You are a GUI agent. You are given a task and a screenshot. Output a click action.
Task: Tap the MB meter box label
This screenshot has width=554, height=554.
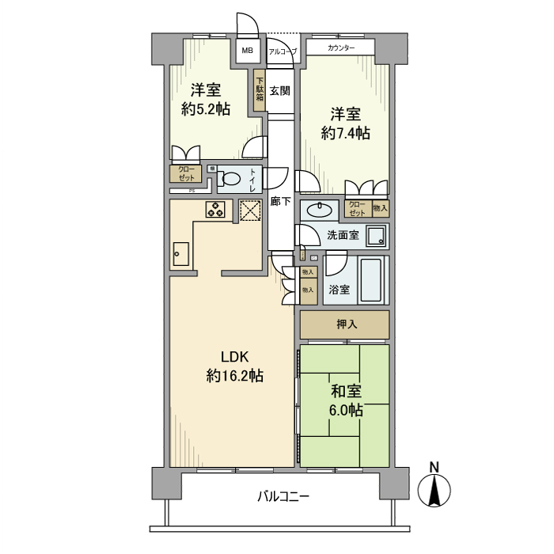248,51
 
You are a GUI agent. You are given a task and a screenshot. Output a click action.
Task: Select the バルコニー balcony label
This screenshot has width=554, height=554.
283,497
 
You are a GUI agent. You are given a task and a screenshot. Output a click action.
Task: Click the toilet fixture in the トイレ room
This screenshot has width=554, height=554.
230,180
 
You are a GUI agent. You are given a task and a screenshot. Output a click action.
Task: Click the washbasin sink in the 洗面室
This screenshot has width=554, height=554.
320,210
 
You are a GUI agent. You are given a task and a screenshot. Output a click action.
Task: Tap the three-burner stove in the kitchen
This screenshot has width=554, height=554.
215,209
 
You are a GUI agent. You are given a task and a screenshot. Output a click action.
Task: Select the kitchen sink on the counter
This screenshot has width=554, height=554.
180,255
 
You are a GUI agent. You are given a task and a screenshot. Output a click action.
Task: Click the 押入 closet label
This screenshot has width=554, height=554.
344,324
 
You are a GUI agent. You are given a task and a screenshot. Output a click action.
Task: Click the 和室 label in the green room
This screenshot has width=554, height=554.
345,391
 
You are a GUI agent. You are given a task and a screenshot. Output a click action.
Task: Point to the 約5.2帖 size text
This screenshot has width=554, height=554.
206,109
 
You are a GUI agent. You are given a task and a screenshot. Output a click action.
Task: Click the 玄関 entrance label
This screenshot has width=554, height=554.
279,90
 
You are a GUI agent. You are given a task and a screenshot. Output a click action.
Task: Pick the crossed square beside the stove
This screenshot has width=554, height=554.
249,210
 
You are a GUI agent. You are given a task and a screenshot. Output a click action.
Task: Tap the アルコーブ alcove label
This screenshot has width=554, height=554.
282,51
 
